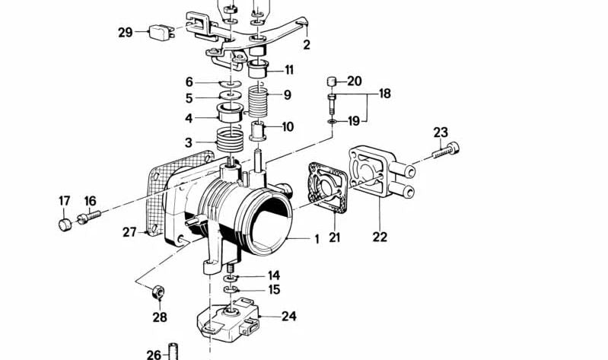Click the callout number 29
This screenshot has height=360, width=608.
pos(126,32)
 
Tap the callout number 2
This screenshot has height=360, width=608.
pos(306,45)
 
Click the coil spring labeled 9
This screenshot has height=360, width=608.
pos(259,101)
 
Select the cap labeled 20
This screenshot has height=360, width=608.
pos(331,82)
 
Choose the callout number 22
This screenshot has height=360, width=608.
pos(380,237)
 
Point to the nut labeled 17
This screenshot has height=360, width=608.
pos(65,224)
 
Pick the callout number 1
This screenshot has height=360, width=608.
pos(317,239)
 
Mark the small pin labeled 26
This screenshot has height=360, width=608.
pos(173,352)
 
